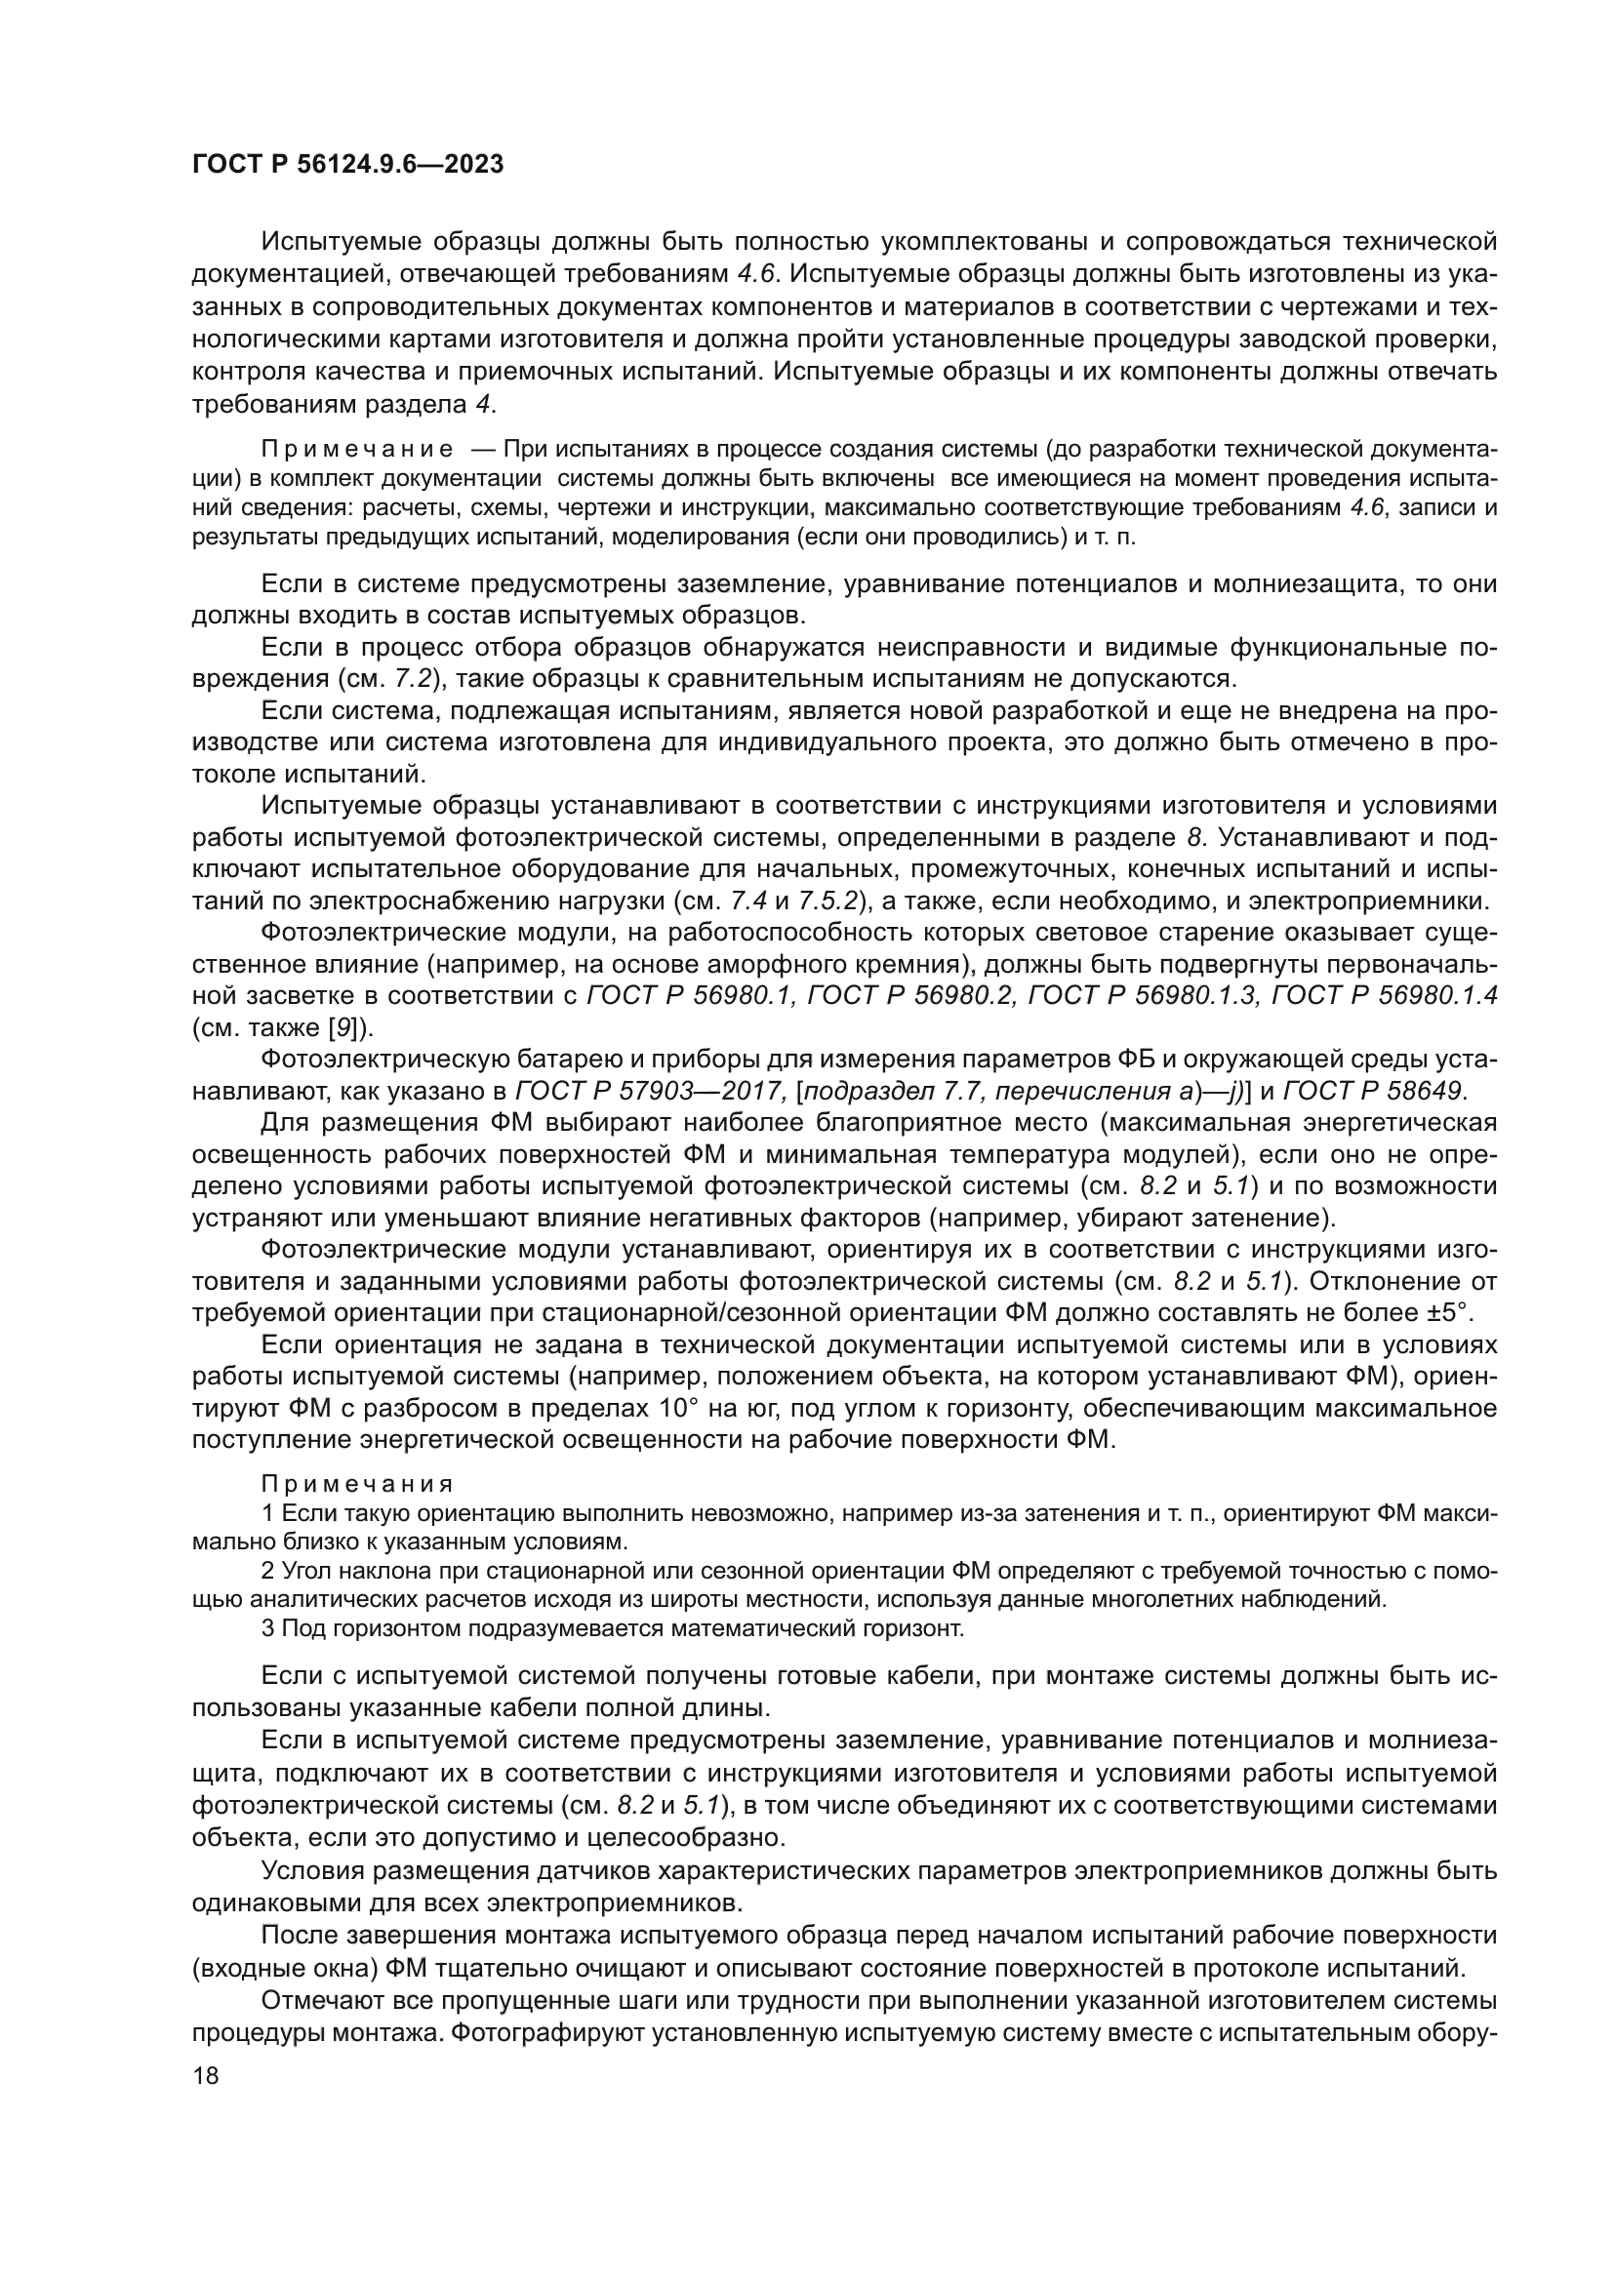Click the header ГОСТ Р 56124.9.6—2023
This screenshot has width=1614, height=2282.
(347, 165)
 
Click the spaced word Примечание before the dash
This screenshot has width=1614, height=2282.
(357, 449)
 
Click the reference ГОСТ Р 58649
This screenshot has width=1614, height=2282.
(1371, 1092)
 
